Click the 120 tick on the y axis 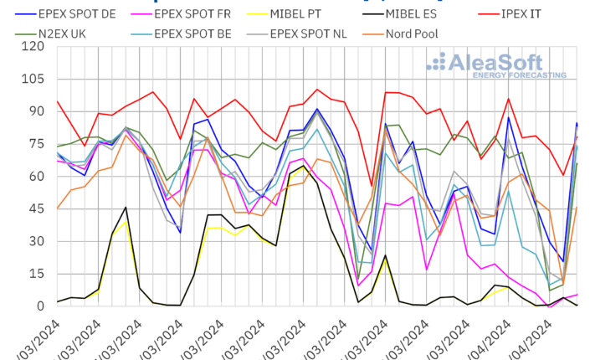(x=33, y=46)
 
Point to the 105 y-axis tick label (x=33, y=79)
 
